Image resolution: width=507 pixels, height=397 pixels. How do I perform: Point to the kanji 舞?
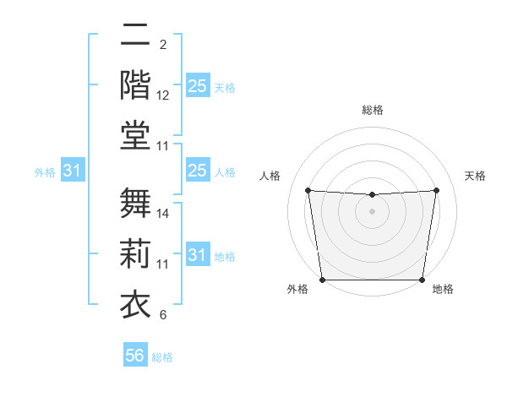[135, 201]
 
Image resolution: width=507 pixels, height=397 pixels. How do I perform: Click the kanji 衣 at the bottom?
[135, 302]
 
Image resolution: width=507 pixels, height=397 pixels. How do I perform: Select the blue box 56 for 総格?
[135, 356]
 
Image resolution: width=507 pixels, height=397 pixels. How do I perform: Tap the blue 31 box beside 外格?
[73, 171]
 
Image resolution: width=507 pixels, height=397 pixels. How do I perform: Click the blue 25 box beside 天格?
[197, 86]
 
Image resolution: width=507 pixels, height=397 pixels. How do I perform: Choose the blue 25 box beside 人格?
[197, 171]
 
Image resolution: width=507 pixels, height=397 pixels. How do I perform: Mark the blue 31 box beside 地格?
[197, 255]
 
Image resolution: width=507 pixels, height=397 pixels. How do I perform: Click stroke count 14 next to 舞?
[164, 214]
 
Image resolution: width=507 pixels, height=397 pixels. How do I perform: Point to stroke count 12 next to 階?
[164, 95]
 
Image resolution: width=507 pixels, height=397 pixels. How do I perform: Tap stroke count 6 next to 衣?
[162, 315]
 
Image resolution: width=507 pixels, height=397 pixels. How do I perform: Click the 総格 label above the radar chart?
[372, 110]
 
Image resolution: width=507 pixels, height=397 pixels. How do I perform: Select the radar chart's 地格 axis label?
[443, 290]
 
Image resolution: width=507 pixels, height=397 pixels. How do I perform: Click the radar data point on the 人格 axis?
[308, 190]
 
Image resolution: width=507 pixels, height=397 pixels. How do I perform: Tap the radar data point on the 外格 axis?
[322, 280]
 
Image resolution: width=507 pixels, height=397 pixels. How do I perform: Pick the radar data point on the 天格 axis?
[437, 190]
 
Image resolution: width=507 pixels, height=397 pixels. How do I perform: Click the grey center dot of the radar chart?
[372, 211]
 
